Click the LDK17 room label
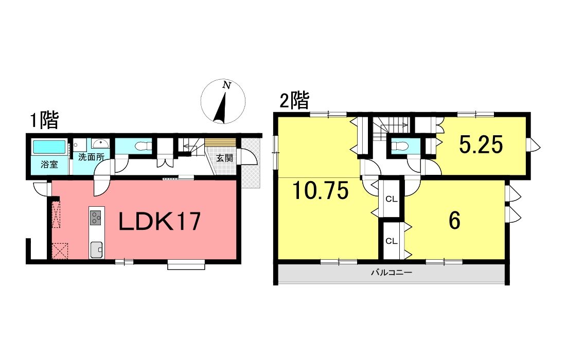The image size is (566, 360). point(160,222)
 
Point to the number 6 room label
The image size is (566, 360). point(454,221)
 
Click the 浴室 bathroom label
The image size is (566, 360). point(49,165)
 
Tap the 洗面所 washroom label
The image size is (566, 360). point(91,157)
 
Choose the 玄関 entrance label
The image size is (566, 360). point(224,158)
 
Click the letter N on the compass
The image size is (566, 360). point(227,85)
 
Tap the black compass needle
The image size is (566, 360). point(221,108)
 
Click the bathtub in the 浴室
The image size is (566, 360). point(49,147)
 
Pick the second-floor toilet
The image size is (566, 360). point(400,146)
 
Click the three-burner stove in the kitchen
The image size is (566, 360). point(96,218)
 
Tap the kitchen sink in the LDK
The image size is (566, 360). point(96,249)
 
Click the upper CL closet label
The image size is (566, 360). point(391,199)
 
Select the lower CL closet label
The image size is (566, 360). point(391,241)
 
